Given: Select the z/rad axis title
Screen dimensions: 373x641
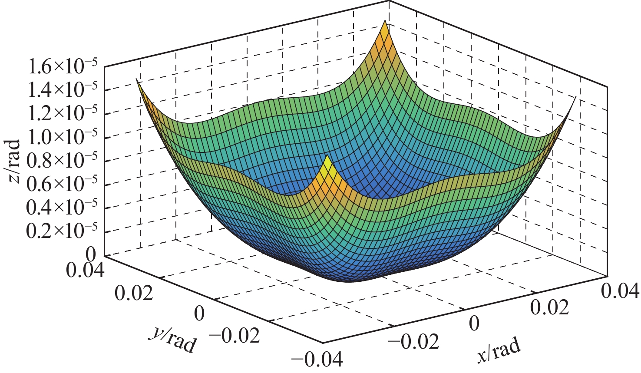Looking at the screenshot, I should pos(14,161).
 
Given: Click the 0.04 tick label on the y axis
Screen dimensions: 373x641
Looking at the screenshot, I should pos(85,270).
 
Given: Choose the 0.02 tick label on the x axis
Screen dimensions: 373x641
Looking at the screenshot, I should pos(549,308).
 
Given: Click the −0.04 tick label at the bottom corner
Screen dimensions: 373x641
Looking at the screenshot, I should pos(317,360).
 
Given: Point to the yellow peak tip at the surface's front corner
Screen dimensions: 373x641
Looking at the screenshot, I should pos(327,158).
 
